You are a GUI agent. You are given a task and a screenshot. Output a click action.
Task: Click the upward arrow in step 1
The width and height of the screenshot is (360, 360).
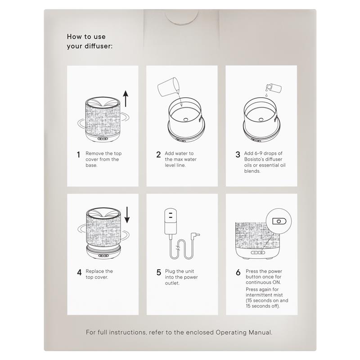(126, 99)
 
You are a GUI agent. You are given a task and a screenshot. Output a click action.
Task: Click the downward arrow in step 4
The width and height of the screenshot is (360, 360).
(127, 215)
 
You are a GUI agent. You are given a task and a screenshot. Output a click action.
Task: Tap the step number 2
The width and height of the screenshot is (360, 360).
(158, 154)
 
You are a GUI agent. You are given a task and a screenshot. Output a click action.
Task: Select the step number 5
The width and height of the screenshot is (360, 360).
(159, 272)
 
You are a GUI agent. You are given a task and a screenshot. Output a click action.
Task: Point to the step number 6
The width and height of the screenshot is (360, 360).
(238, 272)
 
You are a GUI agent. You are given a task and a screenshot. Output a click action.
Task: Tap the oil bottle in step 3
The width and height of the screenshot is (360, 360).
(274, 88)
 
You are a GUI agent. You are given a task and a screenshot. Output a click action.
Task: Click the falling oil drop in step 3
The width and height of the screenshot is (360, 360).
(266, 95)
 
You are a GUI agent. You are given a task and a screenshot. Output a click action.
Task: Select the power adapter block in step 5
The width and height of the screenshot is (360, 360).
(171, 221)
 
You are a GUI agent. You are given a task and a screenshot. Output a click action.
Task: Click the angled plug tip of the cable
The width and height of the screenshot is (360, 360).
(195, 234)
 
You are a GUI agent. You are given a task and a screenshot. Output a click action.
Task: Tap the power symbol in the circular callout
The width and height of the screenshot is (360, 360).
(279, 221)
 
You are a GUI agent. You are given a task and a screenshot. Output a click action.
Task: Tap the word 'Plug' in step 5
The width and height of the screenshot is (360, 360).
(170, 271)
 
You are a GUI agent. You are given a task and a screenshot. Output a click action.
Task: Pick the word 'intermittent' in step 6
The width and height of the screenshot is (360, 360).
(260, 295)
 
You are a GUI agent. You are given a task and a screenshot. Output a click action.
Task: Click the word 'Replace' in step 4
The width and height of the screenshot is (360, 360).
(95, 271)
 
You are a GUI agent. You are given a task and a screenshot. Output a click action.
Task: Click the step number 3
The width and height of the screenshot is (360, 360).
(238, 154)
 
